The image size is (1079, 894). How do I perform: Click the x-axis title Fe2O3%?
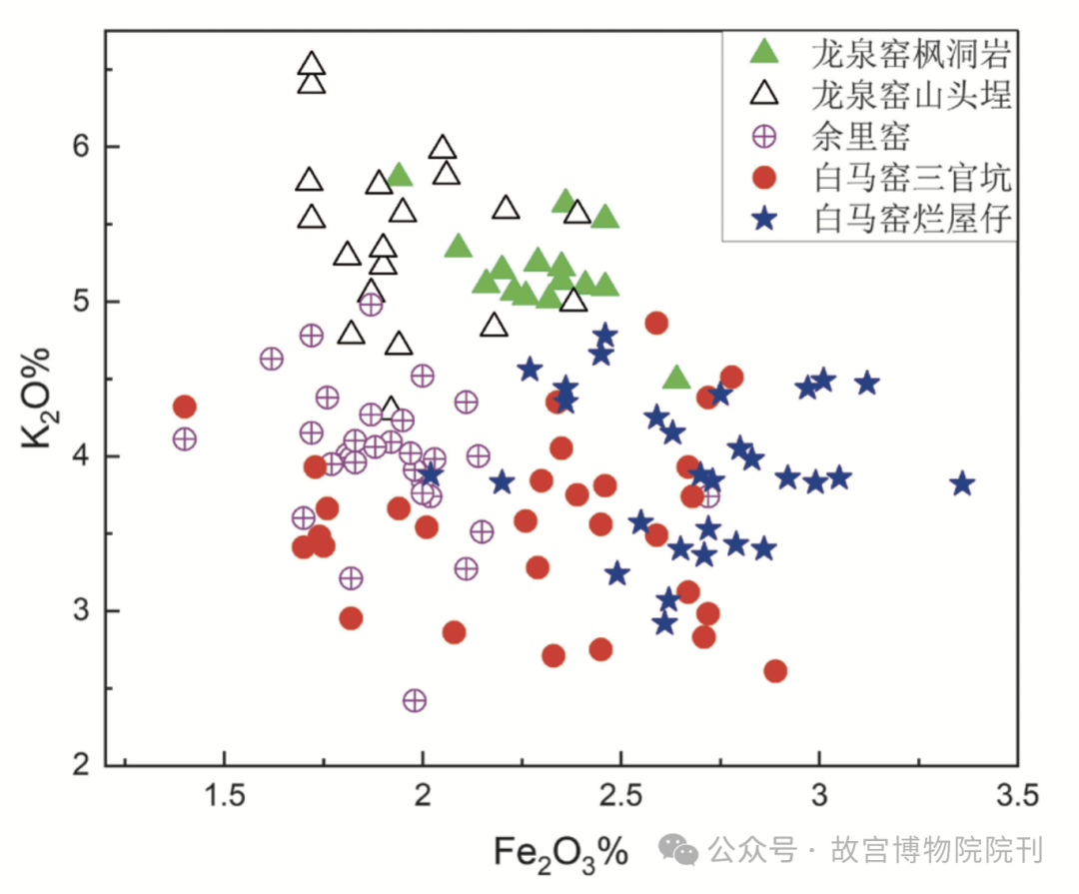[x=560, y=852]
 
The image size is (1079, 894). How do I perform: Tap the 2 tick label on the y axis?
[x=82, y=766]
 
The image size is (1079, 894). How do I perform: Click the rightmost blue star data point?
[x=962, y=484]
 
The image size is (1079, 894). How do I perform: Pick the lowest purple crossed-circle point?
[x=415, y=700]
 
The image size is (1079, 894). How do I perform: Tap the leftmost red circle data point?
[x=184, y=407]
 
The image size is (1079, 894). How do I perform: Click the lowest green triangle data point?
[x=676, y=378]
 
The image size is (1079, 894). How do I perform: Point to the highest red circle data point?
[x=656, y=323]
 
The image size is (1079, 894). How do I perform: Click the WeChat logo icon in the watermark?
[x=683, y=851]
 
